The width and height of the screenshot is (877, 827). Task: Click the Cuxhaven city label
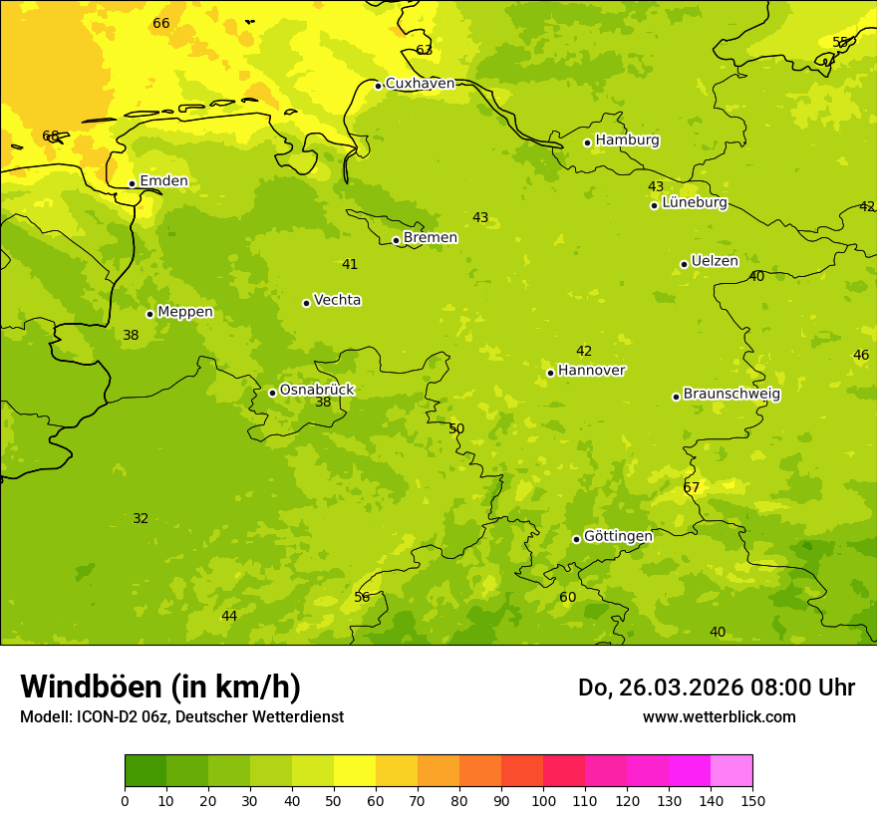coord(420,84)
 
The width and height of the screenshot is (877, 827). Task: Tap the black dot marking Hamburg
coord(588,142)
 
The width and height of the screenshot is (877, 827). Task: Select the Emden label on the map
coord(163,181)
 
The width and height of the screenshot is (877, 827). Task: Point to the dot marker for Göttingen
coord(576,539)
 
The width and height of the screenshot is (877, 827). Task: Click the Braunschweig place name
coord(731,395)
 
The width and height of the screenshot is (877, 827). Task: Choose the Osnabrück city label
coord(316,391)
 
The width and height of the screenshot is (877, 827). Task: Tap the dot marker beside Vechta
coord(306,303)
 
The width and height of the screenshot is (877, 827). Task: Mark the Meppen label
coord(185,312)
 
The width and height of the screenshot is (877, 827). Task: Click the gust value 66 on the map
coord(161,24)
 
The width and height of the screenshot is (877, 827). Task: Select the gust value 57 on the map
coord(692,487)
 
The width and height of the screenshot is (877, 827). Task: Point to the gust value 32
coord(141,519)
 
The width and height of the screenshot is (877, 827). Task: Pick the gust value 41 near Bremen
coord(350,265)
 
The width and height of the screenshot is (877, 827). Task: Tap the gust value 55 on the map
coord(840,42)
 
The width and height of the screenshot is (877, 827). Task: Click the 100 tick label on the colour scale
coord(543,800)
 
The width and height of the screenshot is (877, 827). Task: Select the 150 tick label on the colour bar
coord(752,800)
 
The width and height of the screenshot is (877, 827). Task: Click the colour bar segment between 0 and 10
coord(146,771)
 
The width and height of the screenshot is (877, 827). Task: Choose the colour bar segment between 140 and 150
coord(731,771)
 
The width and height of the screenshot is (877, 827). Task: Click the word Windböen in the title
coord(92,688)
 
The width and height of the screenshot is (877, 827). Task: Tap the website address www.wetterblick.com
coord(719,717)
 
